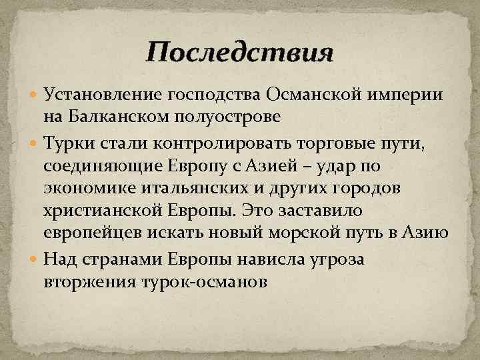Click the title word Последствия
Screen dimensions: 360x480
(x=239, y=52)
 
